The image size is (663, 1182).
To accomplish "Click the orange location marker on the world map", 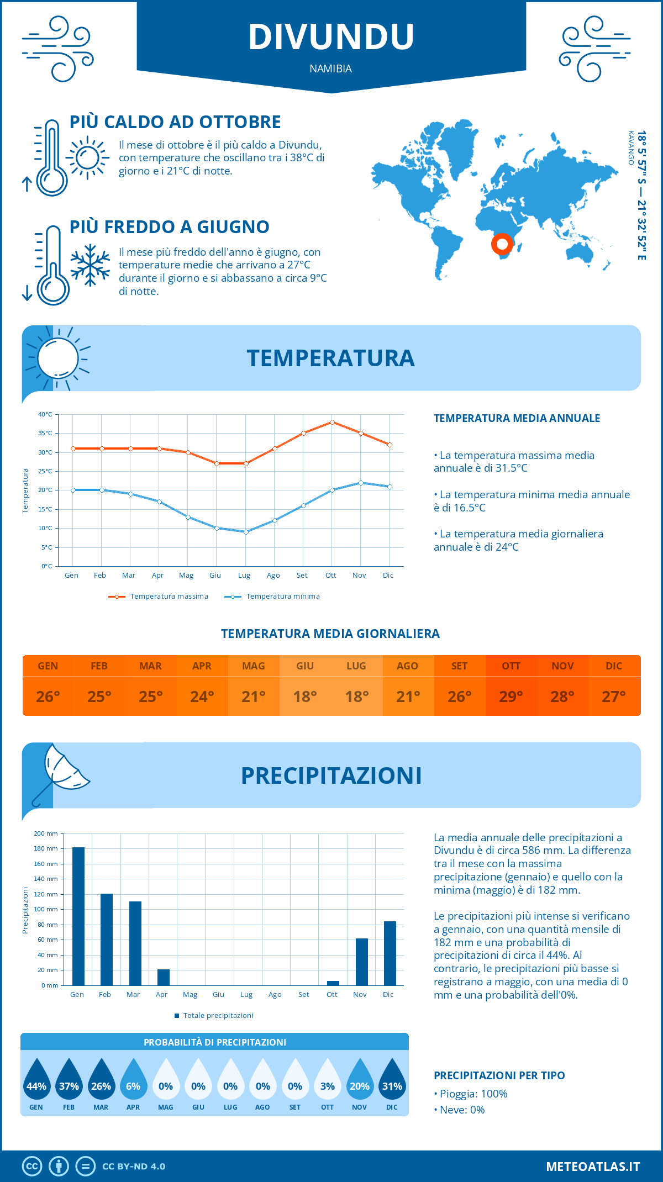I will click(x=502, y=244).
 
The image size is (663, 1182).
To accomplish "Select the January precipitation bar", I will click(x=78, y=916).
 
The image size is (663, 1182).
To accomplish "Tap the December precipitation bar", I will click(x=390, y=953).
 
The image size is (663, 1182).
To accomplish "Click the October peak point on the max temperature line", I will click(x=332, y=422).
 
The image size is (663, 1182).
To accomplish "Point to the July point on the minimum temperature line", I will click(x=246, y=532).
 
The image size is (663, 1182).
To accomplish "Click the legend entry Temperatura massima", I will click(x=159, y=597).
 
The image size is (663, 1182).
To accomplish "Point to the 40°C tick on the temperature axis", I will click(x=45, y=414).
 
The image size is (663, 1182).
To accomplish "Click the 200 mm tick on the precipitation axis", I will click(x=46, y=833).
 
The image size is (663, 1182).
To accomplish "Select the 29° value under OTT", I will click(x=511, y=696).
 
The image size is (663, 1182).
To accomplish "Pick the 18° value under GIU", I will click(x=305, y=696).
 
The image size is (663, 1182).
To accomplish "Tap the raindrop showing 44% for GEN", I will click(x=36, y=1080).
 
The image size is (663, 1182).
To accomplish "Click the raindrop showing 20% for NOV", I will click(x=360, y=1080).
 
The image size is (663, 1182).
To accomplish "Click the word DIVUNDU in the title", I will click(x=331, y=37).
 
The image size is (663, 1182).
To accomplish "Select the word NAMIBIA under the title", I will click(x=330, y=68).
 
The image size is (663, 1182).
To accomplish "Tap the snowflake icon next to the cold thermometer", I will click(x=90, y=265).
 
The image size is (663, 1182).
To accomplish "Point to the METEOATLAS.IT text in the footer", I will click(x=592, y=1167).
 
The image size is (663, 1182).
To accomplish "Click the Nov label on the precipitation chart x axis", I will click(x=360, y=995).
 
